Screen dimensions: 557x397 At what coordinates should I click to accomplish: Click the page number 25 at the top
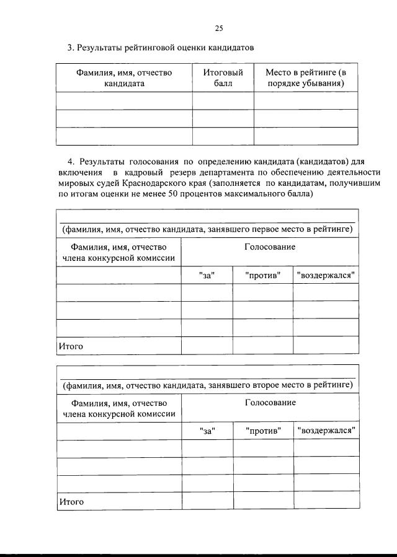click(x=218, y=28)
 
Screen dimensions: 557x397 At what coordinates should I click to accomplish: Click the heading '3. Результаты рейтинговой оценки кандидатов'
click(x=161, y=48)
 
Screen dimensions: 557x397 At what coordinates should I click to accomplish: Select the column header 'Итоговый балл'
click(x=223, y=78)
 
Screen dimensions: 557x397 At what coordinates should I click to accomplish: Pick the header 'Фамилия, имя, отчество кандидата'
click(x=124, y=78)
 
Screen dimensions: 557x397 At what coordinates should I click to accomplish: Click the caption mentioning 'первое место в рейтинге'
click(x=207, y=230)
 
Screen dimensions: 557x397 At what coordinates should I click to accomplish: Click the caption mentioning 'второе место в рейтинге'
click(x=207, y=385)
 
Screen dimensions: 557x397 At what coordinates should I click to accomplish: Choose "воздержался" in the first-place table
click(x=326, y=275)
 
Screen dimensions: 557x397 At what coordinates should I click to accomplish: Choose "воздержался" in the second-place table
click(x=326, y=431)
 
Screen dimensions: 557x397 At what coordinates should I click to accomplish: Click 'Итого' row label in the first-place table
click(x=71, y=346)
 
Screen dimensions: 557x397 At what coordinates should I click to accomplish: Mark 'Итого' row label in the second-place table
click(x=71, y=501)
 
